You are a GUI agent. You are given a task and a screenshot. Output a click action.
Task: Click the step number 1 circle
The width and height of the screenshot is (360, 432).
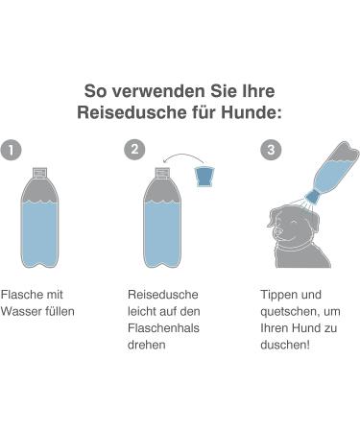pyautogui.click(x=12, y=150)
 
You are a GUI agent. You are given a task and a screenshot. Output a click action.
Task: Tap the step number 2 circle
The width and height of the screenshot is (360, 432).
pyautogui.click(x=134, y=149)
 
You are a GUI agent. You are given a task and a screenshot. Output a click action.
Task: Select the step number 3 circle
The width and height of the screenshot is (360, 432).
pyautogui.click(x=271, y=150)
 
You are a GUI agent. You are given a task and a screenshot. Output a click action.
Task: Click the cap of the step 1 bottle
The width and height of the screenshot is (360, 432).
pyautogui.click(x=39, y=173)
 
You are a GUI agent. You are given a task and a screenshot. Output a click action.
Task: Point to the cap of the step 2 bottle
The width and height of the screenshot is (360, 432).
pyautogui.click(x=162, y=173)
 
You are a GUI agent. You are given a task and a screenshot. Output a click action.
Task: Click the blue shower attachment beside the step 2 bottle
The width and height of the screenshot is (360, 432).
pyautogui.click(x=204, y=176)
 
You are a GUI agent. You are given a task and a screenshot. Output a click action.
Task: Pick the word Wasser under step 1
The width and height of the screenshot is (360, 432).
pyautogui.click(x=21, y=311)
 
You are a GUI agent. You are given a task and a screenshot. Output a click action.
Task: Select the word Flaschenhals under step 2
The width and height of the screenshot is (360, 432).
pyautogui.click(x=163, y=328)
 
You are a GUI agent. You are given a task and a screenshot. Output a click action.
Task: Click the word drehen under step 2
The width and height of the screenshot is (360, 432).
pyautogui.click(x=147, y=345)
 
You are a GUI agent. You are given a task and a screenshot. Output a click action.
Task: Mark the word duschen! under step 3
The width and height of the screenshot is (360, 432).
pyautogui.click(x=285, y=345)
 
